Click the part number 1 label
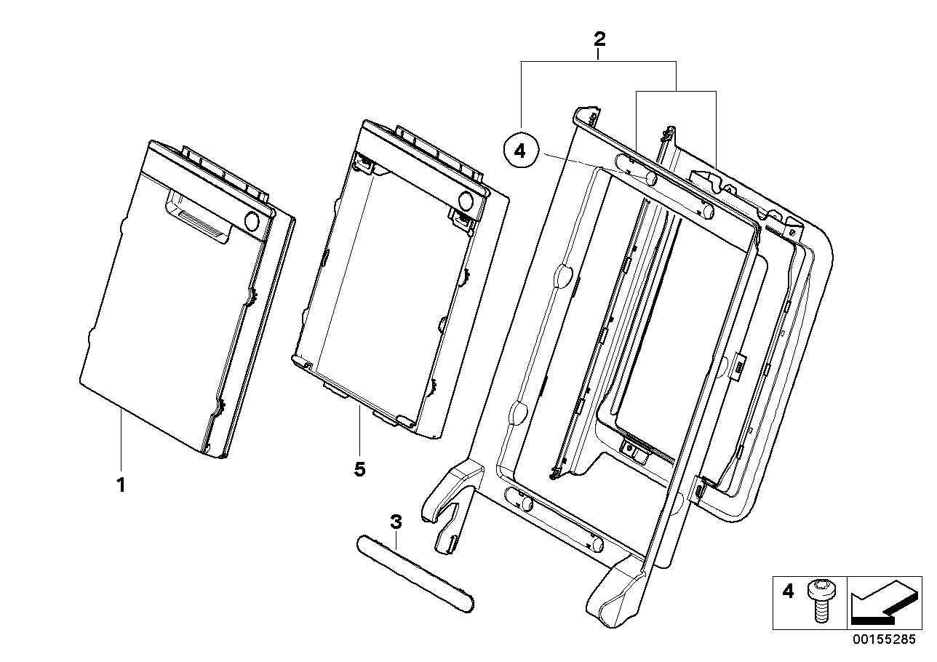click(x=121, y=484)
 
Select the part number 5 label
click(x=359, y=470)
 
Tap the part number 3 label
click(x=396, y=522)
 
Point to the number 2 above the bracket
click(x=598, y=39)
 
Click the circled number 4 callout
click(x=519, y=151)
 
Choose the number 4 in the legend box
click(x=788, y=591)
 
